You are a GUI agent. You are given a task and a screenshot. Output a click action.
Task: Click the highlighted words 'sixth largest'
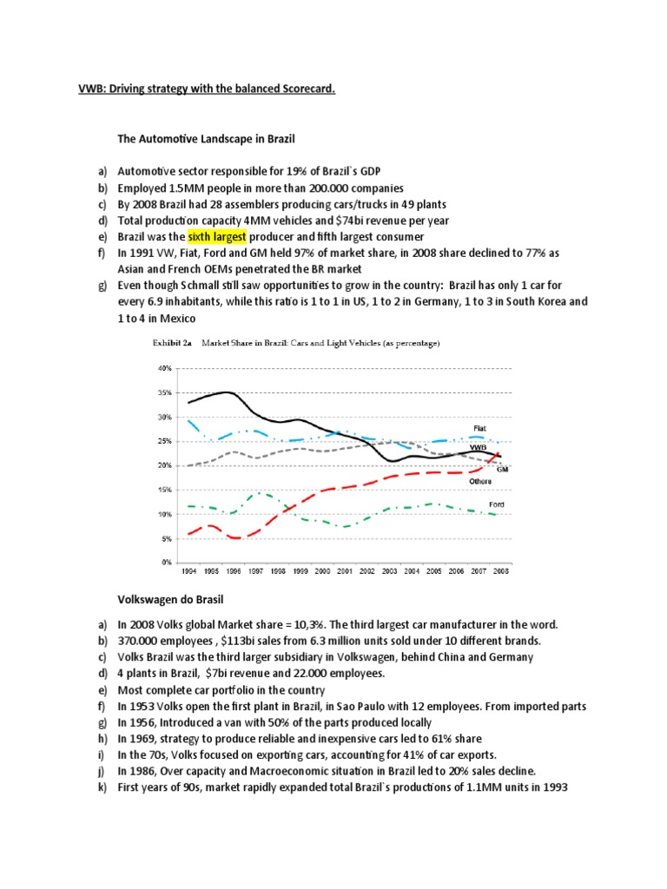[217, 236]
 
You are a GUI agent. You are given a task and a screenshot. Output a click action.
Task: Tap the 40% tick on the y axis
[165, 368]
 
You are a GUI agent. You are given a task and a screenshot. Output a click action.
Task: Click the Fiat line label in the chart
[479, 428]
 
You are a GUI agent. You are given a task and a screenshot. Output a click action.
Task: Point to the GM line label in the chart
[502, 469]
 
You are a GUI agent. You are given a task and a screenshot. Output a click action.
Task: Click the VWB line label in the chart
[479, 447]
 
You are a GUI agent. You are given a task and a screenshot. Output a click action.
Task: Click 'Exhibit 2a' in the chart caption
[170, 343]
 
